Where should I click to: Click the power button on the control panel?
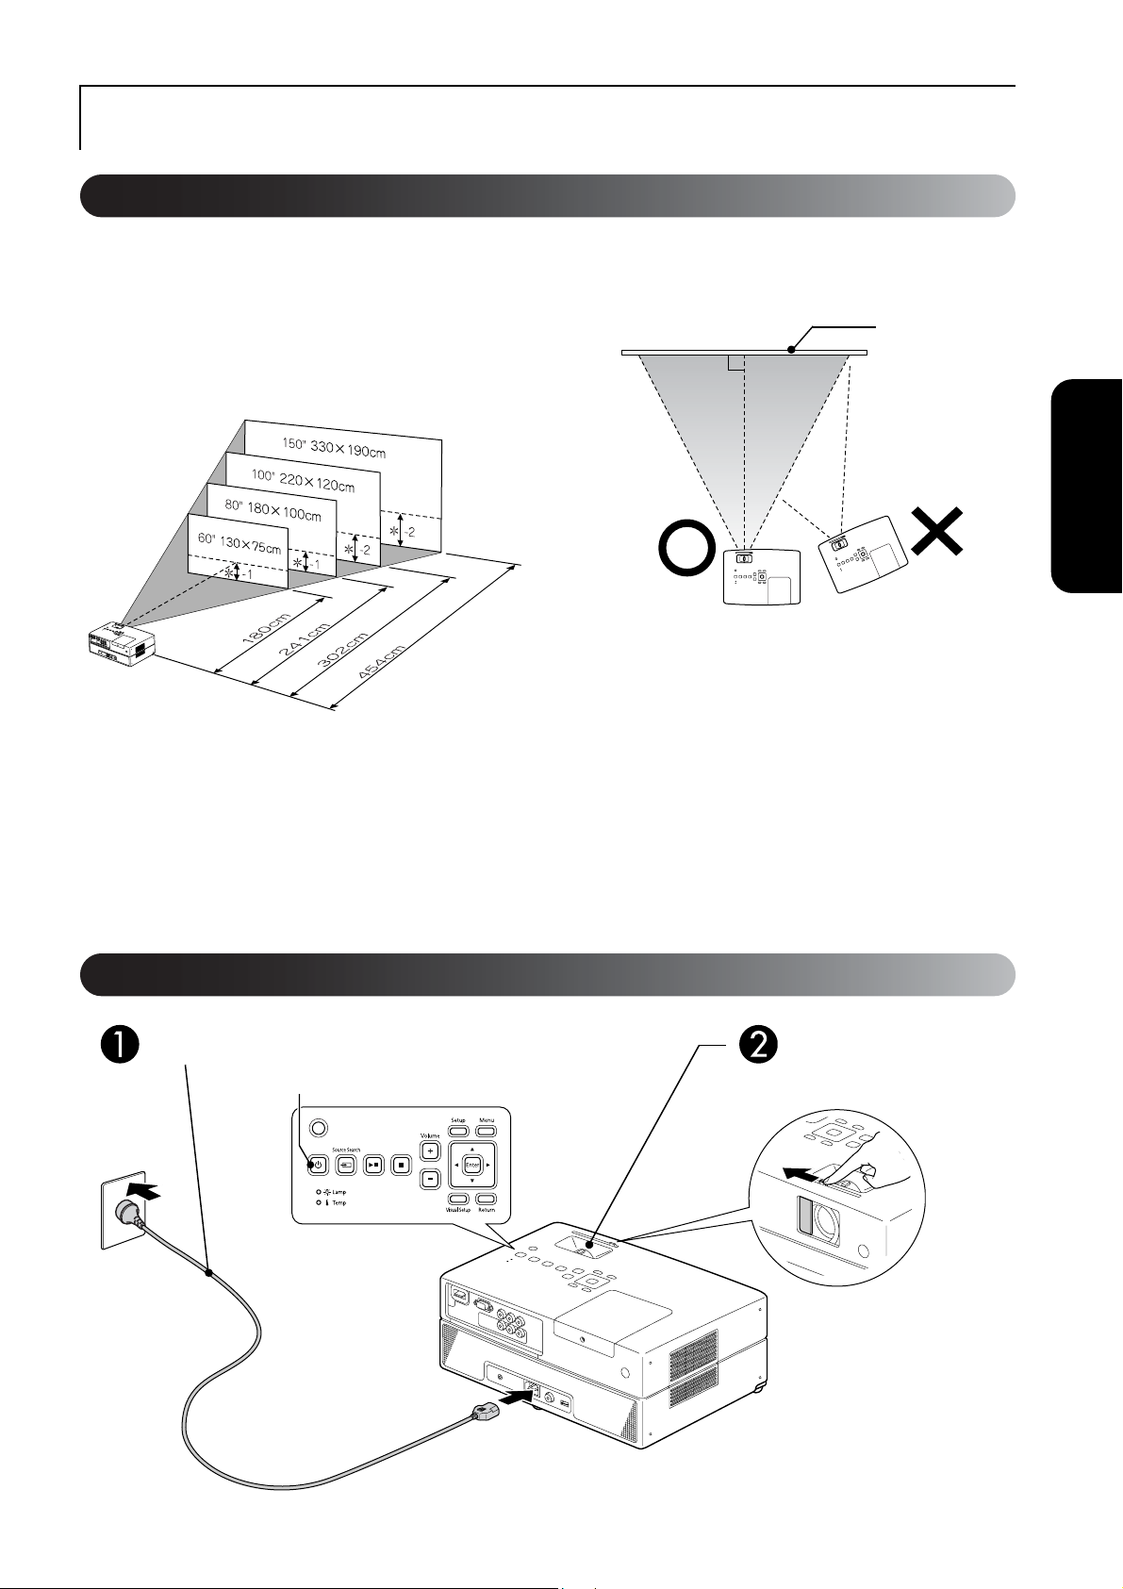(318, 1165)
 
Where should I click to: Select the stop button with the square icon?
(401, 1165)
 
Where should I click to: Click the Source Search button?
(346, 1165)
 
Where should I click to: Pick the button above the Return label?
(487, 1198)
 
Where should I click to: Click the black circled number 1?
(123, 1045)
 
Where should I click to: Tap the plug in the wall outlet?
(130, 1214)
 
